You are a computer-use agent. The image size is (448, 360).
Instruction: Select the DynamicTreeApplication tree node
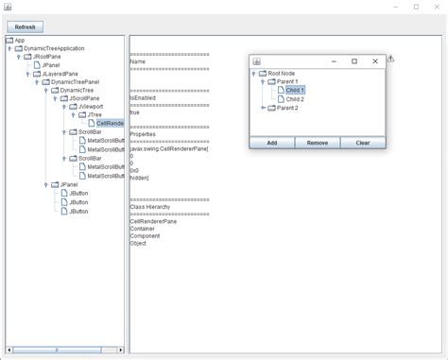(54, 48)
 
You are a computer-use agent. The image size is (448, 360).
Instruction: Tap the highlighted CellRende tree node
(111, 123)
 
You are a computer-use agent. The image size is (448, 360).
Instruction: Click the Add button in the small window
(271, 143)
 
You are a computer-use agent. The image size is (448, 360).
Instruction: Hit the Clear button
(362, 143)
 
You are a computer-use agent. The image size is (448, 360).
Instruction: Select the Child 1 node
(295, 90)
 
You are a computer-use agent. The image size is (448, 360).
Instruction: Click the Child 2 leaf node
(295, 98)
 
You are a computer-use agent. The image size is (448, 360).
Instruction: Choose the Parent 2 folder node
(287, 108)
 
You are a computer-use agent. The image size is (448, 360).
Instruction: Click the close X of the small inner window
(375, 61)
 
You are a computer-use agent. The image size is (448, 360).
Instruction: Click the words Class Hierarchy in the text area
(149, 206)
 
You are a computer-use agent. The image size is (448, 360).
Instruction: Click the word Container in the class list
(144, 228)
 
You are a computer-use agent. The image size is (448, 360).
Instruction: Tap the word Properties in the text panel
(144, 133)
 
